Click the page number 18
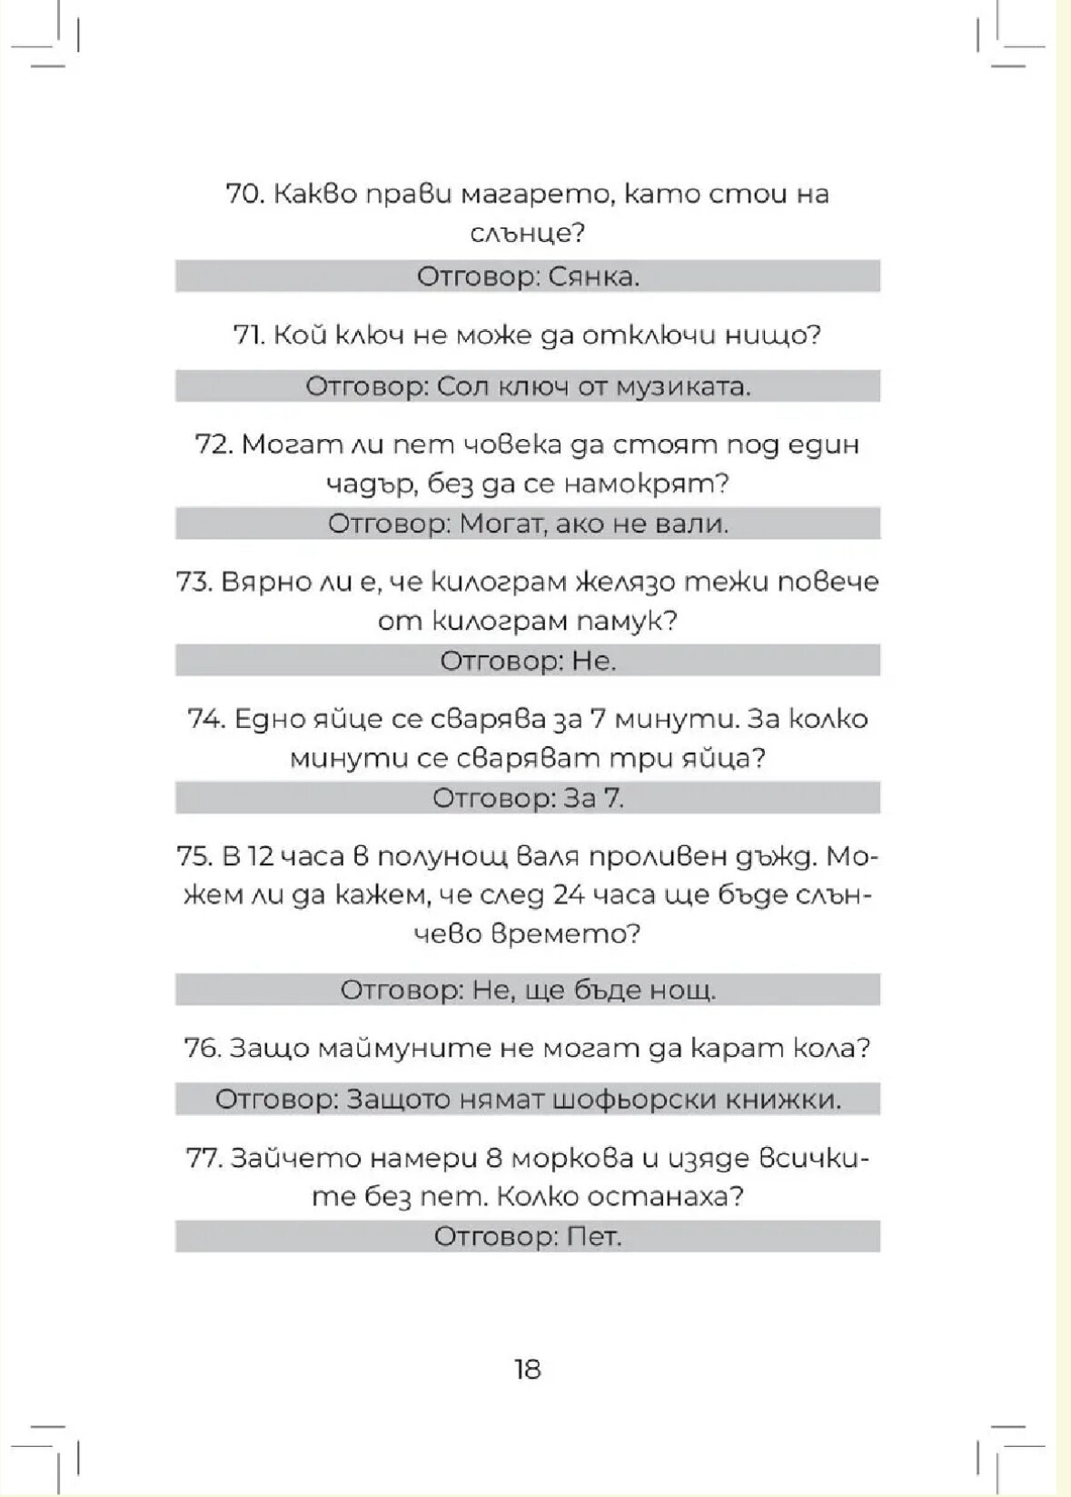point(527,1369)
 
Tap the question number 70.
point(243,194)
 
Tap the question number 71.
point(249,335)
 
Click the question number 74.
point(205,719)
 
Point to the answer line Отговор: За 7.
point(527,798)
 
